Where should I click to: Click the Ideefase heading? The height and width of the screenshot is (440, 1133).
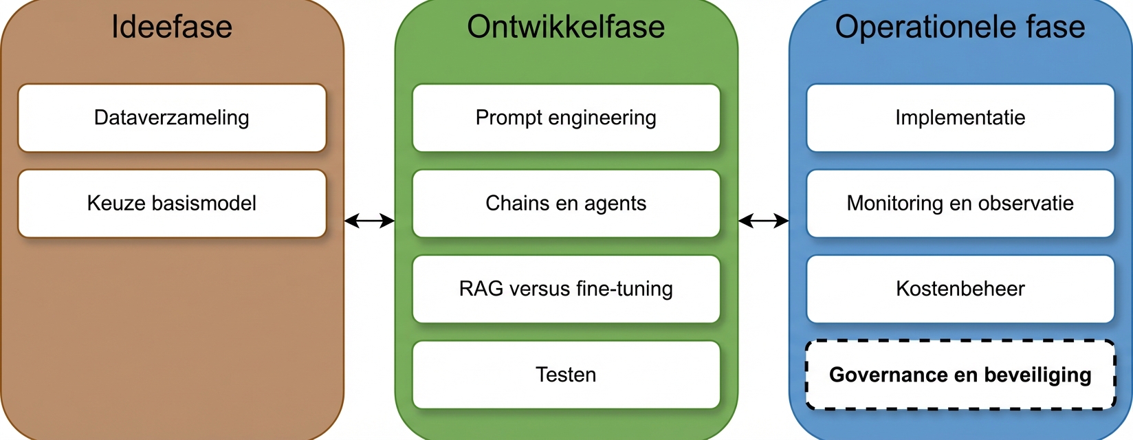click(x=172, y=27)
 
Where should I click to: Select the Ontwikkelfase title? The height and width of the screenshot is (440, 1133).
click(x=566, y=27)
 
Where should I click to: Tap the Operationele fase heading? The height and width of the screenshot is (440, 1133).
click(x=960, y=27)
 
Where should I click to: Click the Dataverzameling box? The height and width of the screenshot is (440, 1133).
click(x=172, y=118)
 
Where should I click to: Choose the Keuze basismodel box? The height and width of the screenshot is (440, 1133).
click(x=172, y=203)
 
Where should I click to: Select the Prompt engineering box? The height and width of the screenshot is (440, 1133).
click(x=566, y=118)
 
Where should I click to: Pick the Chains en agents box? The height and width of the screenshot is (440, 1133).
click(x=566, y=203)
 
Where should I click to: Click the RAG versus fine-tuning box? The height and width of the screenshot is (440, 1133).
click(x=566, y=289)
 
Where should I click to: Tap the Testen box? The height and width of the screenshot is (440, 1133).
click(x=566, y=375)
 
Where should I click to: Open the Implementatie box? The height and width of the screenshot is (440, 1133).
click(x=960, y=118)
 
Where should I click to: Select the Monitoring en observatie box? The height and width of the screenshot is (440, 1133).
click(x=960, y=203)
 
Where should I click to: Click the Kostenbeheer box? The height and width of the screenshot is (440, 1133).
click(x=960, y=289)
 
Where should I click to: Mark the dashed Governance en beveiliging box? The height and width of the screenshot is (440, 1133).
click(x=960, y=375)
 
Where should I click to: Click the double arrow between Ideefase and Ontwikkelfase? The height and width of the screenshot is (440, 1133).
click(x=369, y=221)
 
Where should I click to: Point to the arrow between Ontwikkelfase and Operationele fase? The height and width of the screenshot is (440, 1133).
click(x=763, y=221)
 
